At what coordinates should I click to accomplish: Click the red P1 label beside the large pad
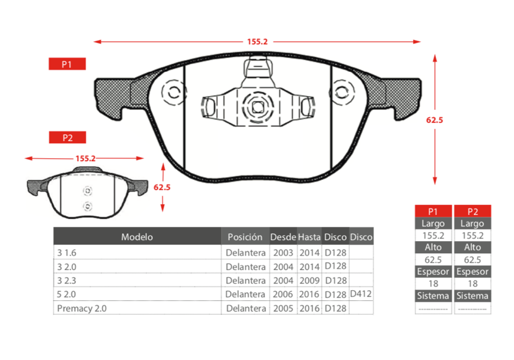(x=67, y=64)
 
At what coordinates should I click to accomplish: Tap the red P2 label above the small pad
(x=67, y=137)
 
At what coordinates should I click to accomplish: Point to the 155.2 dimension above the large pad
(x=257, y=42)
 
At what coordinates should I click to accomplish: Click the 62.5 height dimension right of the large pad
(x=435, y=120)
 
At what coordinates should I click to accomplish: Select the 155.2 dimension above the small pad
(x=85, y=158)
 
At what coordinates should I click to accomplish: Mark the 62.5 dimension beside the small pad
(x=162, y=187)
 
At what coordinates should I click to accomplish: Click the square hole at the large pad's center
(x=258, y=106)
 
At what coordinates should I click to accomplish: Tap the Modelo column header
(x=137, y=237)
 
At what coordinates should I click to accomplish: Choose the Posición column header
(x=245, y=237)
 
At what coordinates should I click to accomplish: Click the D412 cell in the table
(x=361, y=294)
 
